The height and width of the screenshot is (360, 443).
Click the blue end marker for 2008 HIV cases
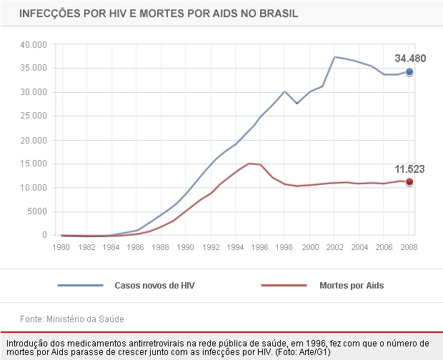(x=409, y=72)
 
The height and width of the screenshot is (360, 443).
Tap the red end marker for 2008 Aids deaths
(x=409, y=181)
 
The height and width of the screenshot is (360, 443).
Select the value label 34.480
(x=409, y=58)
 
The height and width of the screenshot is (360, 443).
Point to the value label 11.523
(x=409, y=169)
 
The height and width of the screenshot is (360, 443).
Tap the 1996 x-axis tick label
(x=260, y=247)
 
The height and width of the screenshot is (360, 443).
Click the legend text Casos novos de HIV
(x=154, y=286)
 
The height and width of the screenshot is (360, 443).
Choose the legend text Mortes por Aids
(x=352, y=286)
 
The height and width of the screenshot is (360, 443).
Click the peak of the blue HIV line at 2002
(x=335, y=57)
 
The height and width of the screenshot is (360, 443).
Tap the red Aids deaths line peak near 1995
(x=249, y=164)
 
